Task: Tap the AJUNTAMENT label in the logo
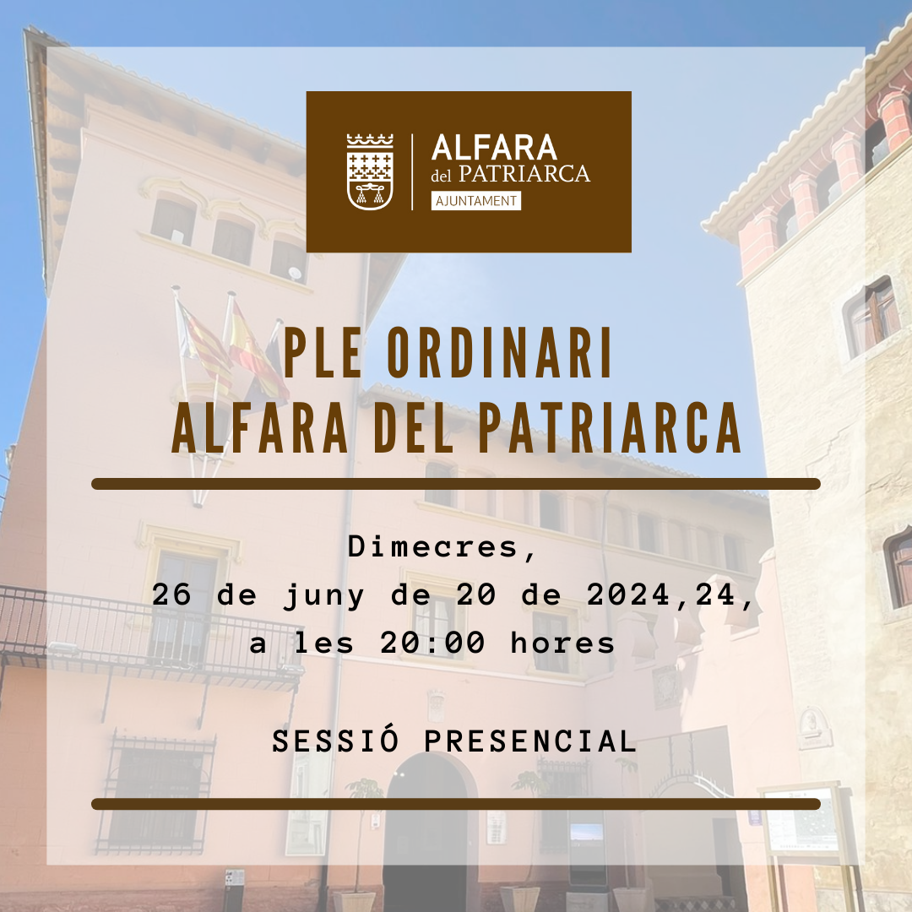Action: coord(475,201)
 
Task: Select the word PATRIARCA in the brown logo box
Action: coord(524,173)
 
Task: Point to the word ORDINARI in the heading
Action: coord(499,352)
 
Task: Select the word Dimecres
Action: coord(441,547)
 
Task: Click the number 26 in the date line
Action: coord(171,595)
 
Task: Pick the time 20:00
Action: coord(432,643)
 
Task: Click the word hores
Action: coord(562,643)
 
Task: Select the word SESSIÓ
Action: coord(335,741)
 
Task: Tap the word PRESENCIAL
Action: coord(529,741)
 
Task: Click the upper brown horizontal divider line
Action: coord(456,484)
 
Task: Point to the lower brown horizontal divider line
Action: coord(456,804)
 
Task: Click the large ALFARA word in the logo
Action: coord(494,148)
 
